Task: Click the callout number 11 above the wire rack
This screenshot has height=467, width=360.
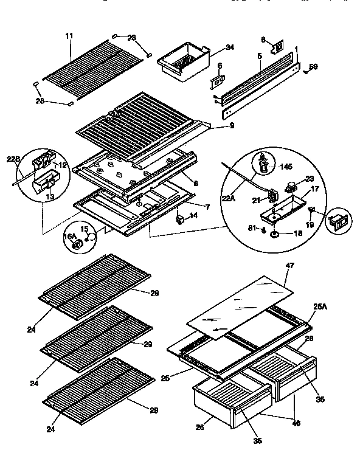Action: [x=69, y=36]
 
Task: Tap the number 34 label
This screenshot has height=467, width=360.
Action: [x=212, y=47]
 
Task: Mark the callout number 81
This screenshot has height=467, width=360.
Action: [x=253, y=229]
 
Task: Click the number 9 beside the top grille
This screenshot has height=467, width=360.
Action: [x=215, y=126]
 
